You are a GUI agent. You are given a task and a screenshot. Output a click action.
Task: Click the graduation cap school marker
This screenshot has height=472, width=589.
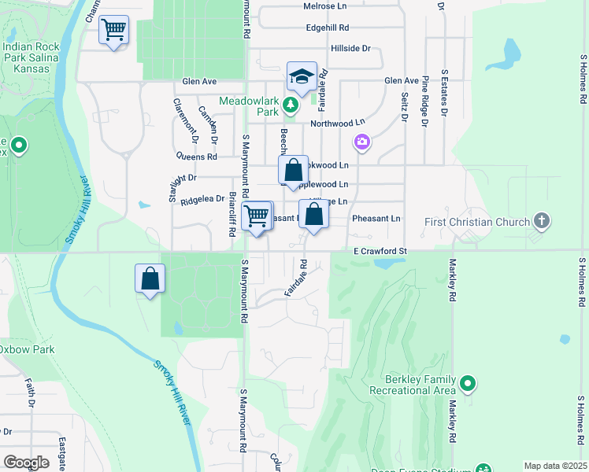pyautogui.click(x=302, y=76)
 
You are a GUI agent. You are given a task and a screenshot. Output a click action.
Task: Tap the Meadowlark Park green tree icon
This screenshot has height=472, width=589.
pyautogui.click(x=291, y=105)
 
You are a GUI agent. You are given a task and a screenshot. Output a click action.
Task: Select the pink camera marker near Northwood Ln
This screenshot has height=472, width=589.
pyautogui.click(x=362, y=142)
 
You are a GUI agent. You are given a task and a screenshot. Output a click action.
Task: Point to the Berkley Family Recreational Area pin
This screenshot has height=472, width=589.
pyautogui.click(x=469, y=385)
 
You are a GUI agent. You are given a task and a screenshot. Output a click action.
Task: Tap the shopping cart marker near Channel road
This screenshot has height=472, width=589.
pyautogui.click(x=114, y=31)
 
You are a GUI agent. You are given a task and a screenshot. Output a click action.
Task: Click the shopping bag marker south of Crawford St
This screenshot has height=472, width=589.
pyautogui.click(x=150, y=279)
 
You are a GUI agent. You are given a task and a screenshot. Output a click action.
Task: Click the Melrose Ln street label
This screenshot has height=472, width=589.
pyautogui.click(x=324, y=6)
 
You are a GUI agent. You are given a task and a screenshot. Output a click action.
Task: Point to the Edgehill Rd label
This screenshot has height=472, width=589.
pyautogui.click(x=327, y=28)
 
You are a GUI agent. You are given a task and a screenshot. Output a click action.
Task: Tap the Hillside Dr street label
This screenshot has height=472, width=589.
pyautogui.click(x=350, y=49)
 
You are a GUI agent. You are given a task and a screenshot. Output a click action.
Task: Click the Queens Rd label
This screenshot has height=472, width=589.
pyautogui.click(x=197, y=157)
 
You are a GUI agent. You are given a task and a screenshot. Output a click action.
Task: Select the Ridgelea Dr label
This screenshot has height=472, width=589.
pyautogui.click(x=202, y=201)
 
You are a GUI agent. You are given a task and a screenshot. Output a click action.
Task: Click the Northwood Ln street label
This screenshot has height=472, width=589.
pyautogui.click(x=338, y=123)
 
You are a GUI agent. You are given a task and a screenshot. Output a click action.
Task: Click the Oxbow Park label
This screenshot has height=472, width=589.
pyautogui.click(x=28, y=348)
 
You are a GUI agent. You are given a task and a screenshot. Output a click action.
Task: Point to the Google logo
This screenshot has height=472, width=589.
pyautogui.click(x=26, y=462)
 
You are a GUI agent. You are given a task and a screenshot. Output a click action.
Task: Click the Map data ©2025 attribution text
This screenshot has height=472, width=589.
pyautogui.click(x=554, y=466)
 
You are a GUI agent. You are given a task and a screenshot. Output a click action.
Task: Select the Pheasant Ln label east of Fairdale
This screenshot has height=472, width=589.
pyautogui.click(x=376, y=218)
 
